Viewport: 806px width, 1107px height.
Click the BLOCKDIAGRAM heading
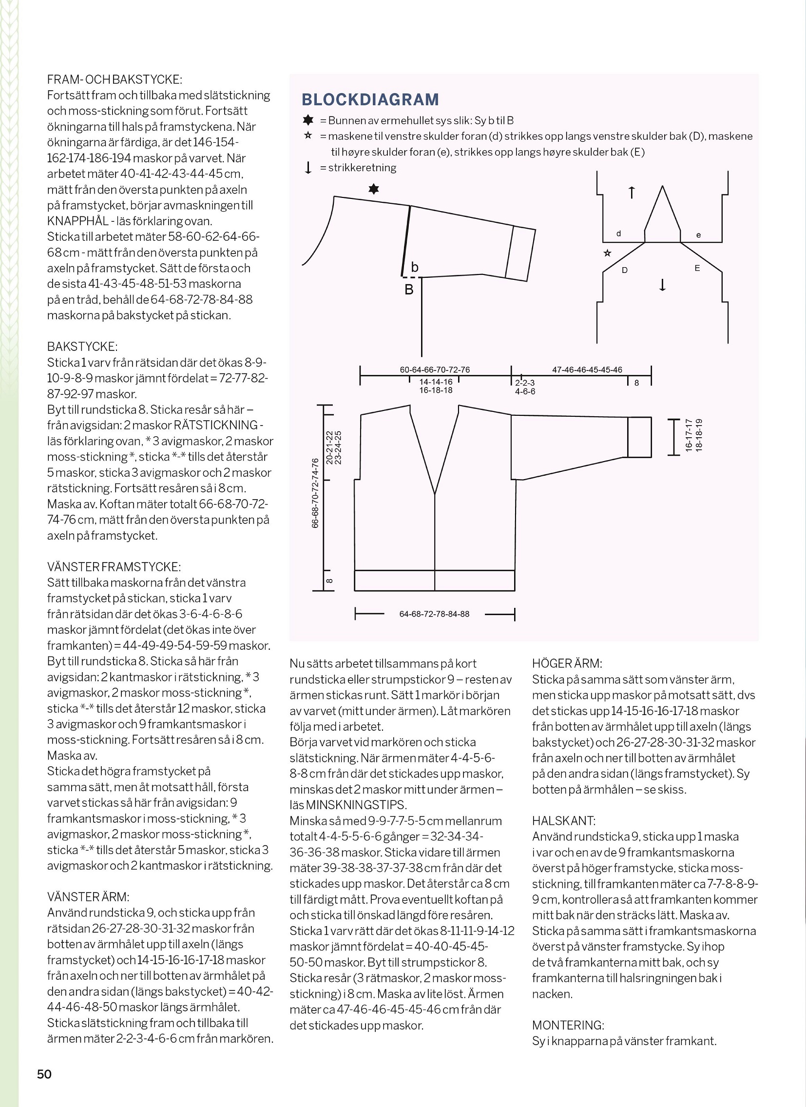click(x=370, y=99)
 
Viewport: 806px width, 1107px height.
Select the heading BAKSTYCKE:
click(x=82, y=347)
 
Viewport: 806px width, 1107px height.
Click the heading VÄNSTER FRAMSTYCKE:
click(x=114, y=567)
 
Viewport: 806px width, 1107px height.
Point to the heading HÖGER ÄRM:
click(x=567, y=664)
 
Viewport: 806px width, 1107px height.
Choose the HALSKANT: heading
click(x=563, y=821)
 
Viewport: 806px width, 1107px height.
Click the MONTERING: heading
click(x=568, y=1025)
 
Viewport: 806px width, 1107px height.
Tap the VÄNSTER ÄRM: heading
click(x=88, y=897)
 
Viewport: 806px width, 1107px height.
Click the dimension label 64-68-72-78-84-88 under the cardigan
click(x=434, y=614)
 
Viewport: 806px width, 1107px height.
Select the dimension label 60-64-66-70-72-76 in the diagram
click(x=435, y=369)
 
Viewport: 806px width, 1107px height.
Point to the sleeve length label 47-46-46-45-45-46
click(x=587, y=369)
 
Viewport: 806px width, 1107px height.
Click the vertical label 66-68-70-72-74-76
click(x=315, y=493)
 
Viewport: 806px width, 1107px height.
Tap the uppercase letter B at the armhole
click(x=409, y=290)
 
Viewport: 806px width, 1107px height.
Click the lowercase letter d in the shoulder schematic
click(x=619, y=234)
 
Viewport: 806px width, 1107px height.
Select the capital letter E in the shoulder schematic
click(x=697, y=268)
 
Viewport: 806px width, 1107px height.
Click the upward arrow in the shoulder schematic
click(x=632, y=193)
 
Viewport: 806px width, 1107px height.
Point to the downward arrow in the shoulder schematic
click(x=662, y=285)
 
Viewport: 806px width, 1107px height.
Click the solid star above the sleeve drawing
click(x=374, y=189)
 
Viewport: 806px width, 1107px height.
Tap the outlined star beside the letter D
click(x=608, y=253)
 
